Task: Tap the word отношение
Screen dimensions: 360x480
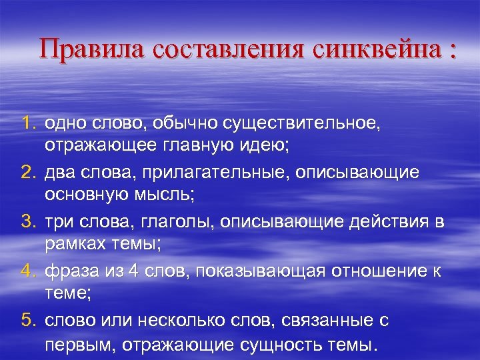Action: (x=380, y=271)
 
